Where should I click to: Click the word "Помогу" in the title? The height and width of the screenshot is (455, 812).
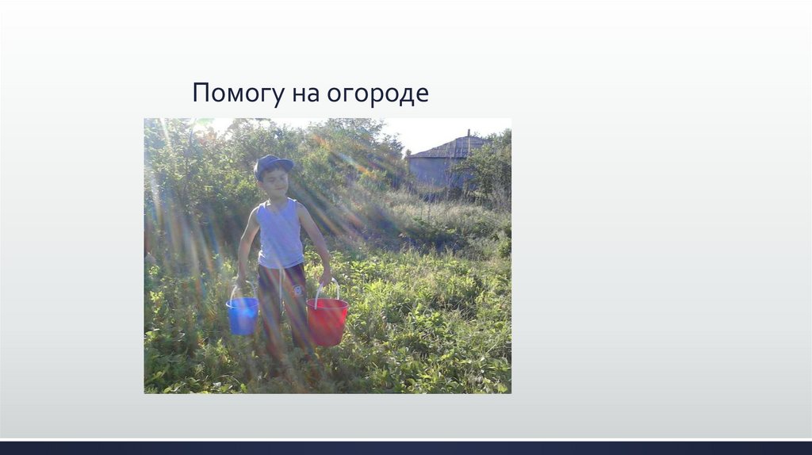point(237,94)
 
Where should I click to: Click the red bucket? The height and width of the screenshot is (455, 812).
point(327,321)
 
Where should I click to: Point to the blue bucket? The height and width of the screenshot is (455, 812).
point(242,315)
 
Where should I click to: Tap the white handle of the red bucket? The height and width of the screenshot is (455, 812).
point(327,289)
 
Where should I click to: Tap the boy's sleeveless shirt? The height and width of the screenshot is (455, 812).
point(280,233)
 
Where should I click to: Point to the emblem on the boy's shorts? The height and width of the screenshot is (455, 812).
point(298,290)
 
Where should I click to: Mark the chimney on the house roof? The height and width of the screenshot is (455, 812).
point(469,133)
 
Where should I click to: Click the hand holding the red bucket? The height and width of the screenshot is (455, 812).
point(325,277)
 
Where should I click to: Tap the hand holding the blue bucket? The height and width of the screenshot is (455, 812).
point(241,279)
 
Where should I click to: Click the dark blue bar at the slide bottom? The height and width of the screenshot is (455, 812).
point(406,448)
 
